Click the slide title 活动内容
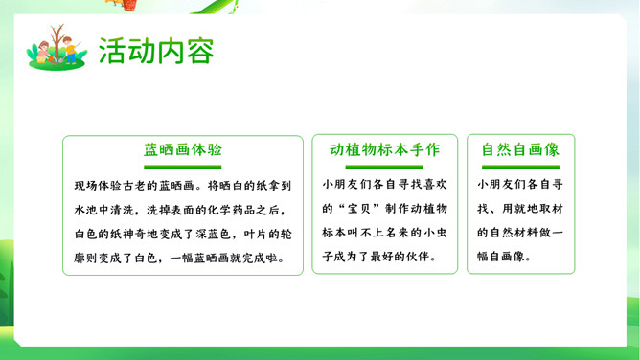(156, 51)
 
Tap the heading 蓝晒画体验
(182, 149)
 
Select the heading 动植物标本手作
(384, 149)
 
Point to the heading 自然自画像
(520, 149)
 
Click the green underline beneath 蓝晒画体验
(182, 167)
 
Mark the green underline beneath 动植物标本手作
(384, 167)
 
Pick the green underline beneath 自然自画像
(520, 167)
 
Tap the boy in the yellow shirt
(70, 50)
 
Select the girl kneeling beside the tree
(43, 53)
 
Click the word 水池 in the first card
(86, 210)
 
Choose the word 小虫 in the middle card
(435, 233)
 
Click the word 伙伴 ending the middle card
(417, 257)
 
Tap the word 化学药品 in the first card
(232, 210)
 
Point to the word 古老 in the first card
(134, 186)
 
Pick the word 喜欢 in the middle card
(435, 184)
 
